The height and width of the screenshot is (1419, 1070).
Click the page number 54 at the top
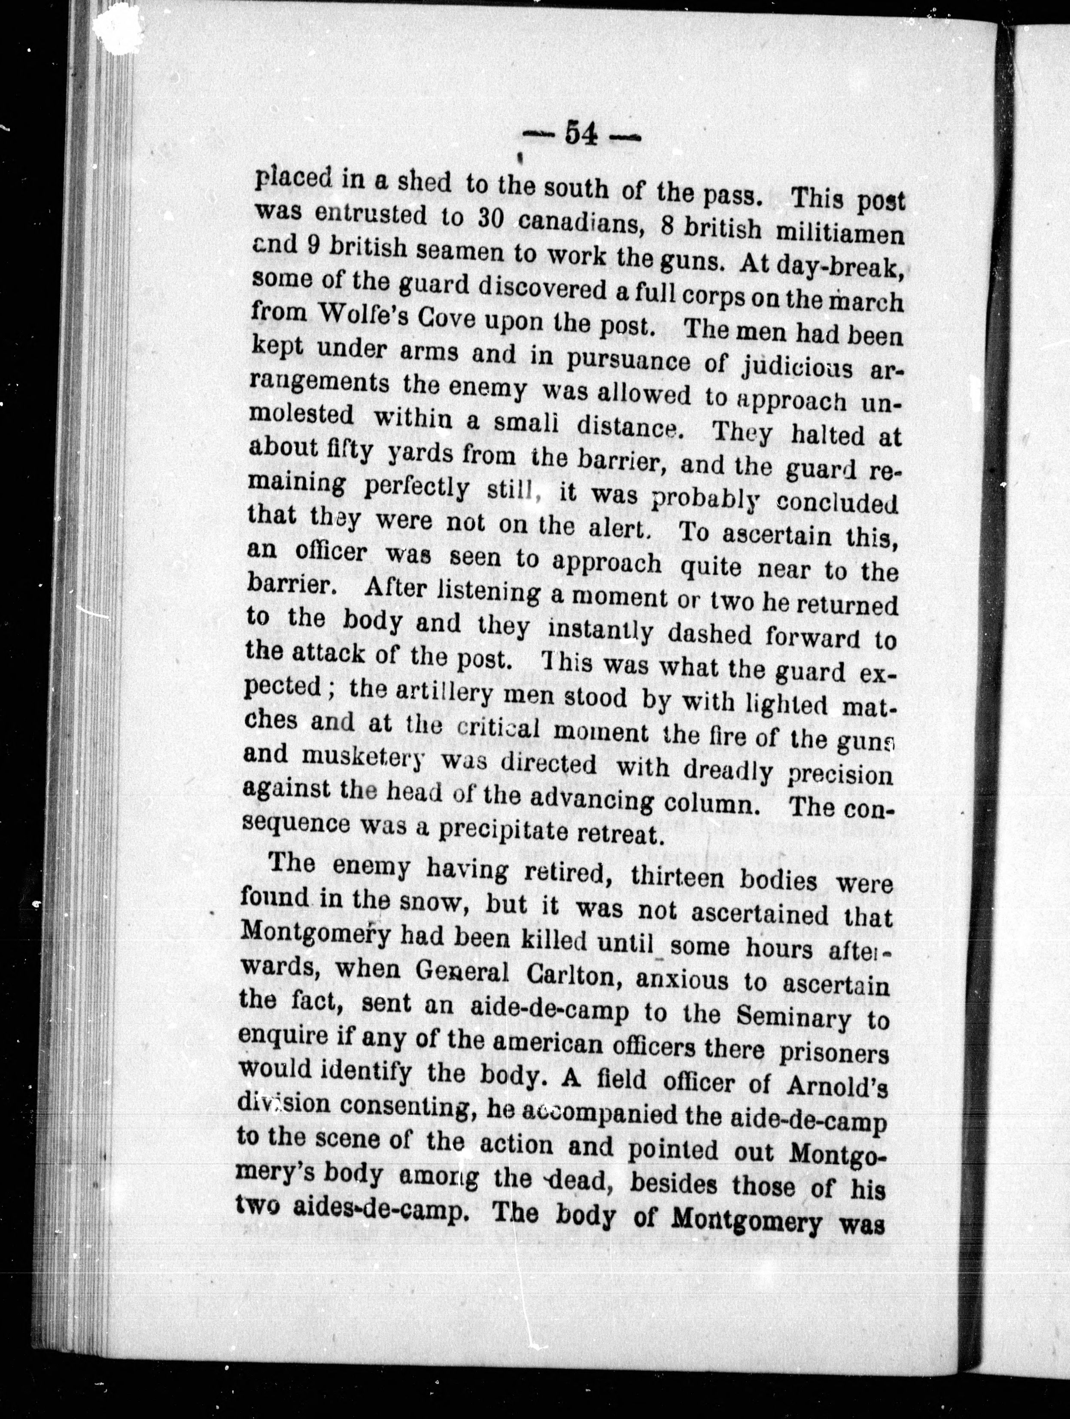tap(580, 135)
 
